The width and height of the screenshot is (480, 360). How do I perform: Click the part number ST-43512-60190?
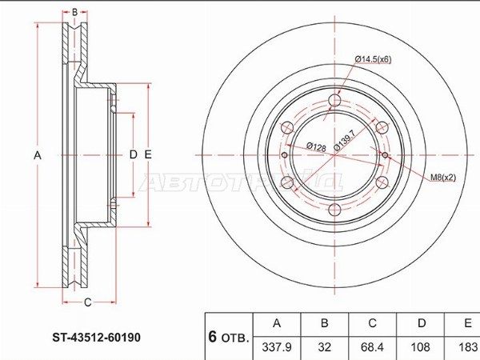[97, 338]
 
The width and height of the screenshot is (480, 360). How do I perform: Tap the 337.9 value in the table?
[277, 347]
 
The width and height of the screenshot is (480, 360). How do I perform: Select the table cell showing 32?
[325, 347]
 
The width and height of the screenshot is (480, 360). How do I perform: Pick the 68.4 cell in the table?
[372, 347]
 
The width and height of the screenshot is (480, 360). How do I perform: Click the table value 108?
[420, 347]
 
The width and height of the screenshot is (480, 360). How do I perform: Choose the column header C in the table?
[372, 323]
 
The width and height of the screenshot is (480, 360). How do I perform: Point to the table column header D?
[422, 323]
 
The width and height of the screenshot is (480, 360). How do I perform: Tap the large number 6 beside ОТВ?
[213, 337]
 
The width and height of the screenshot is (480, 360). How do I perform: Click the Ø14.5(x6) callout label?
[373, 59]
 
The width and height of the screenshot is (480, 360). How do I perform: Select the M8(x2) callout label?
[443, 178]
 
